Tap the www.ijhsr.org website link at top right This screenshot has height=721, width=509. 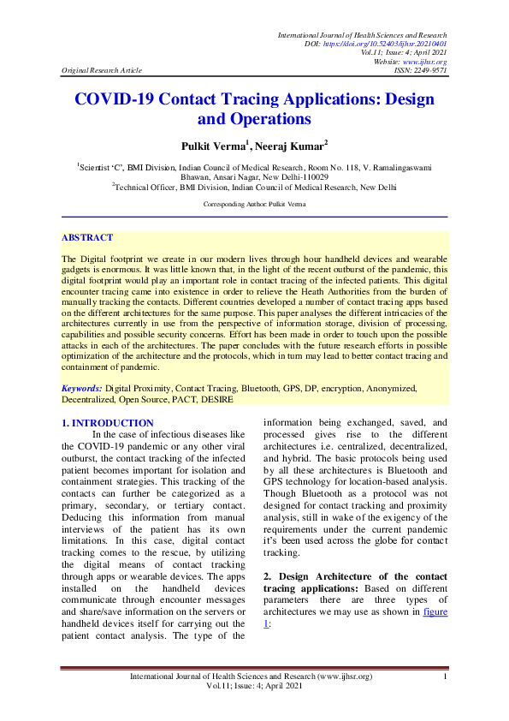426,61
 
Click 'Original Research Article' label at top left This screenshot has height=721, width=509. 102,70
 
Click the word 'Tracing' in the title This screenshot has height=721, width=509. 297,98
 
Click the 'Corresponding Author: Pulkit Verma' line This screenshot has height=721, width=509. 254,205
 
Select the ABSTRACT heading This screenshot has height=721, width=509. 87,237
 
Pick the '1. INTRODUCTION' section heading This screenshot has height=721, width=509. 108,423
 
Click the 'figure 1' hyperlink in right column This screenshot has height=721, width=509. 435,613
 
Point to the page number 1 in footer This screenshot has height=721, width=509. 447,677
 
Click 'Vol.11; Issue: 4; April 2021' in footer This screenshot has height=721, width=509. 254,688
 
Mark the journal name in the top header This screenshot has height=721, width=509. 363,33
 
